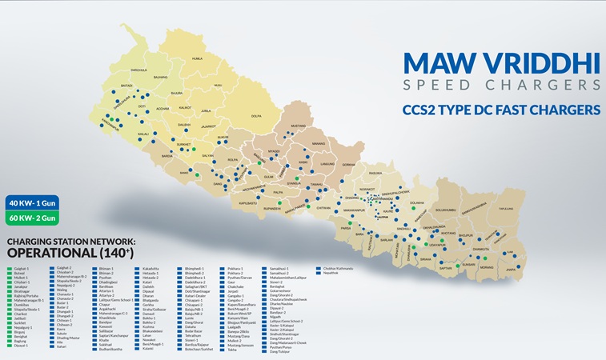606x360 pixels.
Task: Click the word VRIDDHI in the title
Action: pyautogui.click(x=532, y=63)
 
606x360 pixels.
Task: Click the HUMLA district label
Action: pyautogui.click(x=197, y=58)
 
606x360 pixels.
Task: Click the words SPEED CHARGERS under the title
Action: pyautogui.click(x=501, y=84)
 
